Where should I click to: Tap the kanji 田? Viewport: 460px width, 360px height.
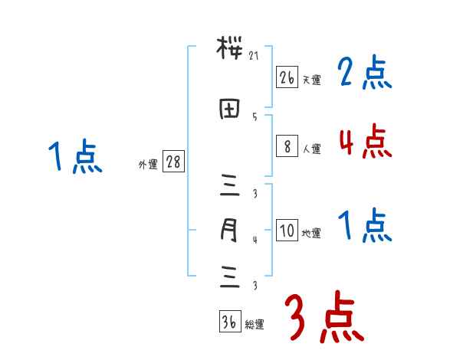(x=228, y=109)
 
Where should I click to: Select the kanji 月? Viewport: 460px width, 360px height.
(x=228, y=230)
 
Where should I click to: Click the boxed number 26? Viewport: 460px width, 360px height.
(x=287, y=77)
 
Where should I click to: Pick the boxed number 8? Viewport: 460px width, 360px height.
(x=287, y=146)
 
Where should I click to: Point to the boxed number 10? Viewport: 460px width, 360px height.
(x=287, y=231)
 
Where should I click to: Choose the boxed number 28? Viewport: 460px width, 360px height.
(x=173, y=163)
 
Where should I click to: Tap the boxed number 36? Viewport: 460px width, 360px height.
(x=228, y=322)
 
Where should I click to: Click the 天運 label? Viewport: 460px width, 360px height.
(x=311, y=80)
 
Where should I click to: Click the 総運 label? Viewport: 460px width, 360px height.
(x=255, y=325)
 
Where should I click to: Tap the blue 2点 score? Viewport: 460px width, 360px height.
(x=365, y=74)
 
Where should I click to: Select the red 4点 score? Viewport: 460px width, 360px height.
(x=365, y=142)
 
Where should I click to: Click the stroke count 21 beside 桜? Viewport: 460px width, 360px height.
(x=255, y=55)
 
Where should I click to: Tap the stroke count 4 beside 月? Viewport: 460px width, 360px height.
(x=255, y=240)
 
